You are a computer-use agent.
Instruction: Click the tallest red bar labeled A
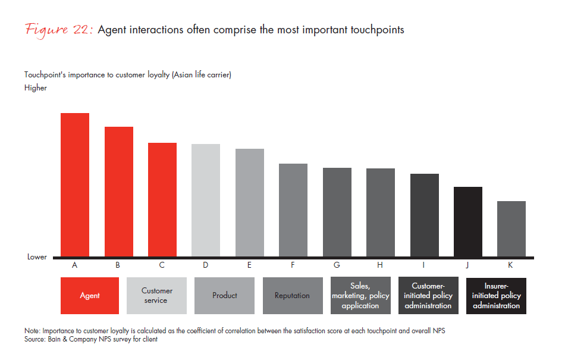click(x=75, y=184)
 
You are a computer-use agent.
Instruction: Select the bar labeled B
click(x=118, y=192)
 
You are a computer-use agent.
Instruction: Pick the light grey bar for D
click(x=206, y=200)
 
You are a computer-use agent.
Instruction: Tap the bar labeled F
click(x=293, y=210)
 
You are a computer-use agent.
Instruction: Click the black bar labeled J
click(x=468, y=221)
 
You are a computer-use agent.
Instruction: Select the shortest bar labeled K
click(x=511, y=228)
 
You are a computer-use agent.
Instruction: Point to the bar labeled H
click(x=381, y=212)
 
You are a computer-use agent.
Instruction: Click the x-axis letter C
click(x=162, y=265)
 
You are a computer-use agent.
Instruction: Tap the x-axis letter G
click(x=337, y=265)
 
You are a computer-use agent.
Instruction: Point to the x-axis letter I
click(x=424, y=265)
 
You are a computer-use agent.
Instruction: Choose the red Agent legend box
click(x=90, y=296)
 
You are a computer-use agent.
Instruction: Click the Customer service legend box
click(x=157, y=296)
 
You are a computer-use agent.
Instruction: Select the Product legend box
click(x=225, y=296)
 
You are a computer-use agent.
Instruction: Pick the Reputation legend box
click(x=292, y=296)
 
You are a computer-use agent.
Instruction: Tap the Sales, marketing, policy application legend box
click(x=360, y=296)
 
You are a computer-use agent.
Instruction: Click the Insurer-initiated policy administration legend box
click(x=496, y=296)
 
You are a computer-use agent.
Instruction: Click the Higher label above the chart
click(x=36, y=88)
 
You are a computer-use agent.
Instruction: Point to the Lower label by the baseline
click(x=37, y=257)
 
